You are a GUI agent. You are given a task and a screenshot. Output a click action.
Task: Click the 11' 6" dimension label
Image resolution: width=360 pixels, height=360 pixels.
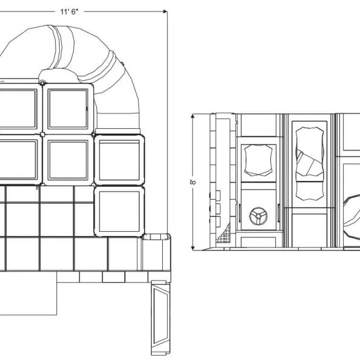(69, 11)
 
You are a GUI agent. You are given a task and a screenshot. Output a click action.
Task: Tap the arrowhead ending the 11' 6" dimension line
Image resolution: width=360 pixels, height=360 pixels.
(165, 11)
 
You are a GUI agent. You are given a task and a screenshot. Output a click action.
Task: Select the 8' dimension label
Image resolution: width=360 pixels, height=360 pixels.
(193, 182)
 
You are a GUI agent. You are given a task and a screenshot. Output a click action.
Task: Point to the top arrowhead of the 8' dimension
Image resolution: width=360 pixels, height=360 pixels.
(192, 116)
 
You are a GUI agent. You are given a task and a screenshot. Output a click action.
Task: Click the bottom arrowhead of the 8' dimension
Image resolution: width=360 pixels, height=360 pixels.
(193, 248)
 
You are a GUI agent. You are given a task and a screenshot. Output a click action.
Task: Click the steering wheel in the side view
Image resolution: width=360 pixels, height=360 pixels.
(258, 216)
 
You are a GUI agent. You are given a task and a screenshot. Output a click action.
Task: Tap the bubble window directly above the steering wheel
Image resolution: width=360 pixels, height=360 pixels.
(258, 160)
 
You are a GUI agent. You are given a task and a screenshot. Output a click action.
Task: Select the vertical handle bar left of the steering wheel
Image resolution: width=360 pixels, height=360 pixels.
(240, 213)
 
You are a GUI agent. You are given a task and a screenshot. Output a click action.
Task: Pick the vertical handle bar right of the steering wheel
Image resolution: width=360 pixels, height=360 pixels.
(279, 213)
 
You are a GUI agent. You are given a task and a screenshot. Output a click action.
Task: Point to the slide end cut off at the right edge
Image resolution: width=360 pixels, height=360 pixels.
(352, 217)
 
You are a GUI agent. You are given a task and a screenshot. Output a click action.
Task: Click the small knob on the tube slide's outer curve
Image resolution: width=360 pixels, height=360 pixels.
(123, 64)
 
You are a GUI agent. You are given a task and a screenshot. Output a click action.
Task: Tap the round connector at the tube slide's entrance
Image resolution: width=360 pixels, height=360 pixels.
(42, 83)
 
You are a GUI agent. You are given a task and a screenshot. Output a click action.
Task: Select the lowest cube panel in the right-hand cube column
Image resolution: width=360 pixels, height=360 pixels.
(119, 211)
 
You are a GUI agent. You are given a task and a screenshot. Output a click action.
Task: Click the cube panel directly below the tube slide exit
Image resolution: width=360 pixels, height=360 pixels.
(119, 160)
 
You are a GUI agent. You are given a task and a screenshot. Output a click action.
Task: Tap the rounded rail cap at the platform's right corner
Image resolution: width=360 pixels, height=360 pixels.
(156, 237)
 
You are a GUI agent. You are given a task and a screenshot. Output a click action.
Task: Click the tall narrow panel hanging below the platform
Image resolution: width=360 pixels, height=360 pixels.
(160, 318)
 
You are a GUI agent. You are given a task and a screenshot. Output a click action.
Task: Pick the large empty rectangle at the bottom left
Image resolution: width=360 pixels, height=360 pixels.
(28, 293)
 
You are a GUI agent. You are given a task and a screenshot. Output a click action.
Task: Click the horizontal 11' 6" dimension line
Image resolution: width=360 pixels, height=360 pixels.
(83, 11)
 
